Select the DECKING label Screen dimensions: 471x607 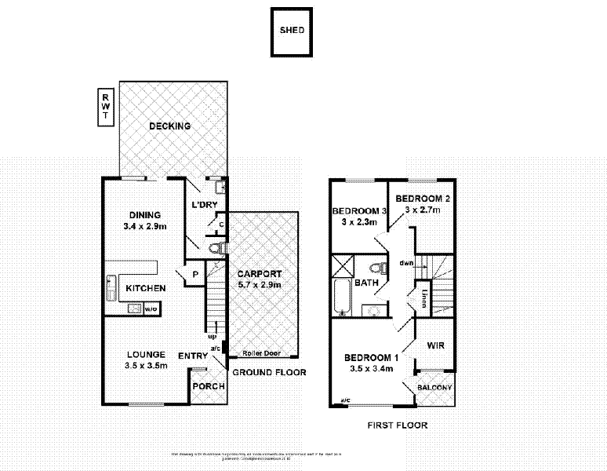[x=170, y=126]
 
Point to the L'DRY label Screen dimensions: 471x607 [x=204, y=206]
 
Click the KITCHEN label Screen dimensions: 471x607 [x=146, y=288]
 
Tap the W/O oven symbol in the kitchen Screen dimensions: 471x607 [x=150, y=309]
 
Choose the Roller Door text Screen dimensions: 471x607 [x=261, y=353]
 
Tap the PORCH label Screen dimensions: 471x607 [x=209, y=386]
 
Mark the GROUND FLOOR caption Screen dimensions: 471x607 [x=268, y=373]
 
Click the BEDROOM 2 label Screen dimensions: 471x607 [x=422, y=199]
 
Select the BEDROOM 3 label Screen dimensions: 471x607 [x=360, y=211]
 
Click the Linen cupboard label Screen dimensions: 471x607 [x=423, y=298]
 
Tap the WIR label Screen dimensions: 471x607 [x=436, y=345]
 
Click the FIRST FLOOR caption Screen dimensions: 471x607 [x=397, y=425]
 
